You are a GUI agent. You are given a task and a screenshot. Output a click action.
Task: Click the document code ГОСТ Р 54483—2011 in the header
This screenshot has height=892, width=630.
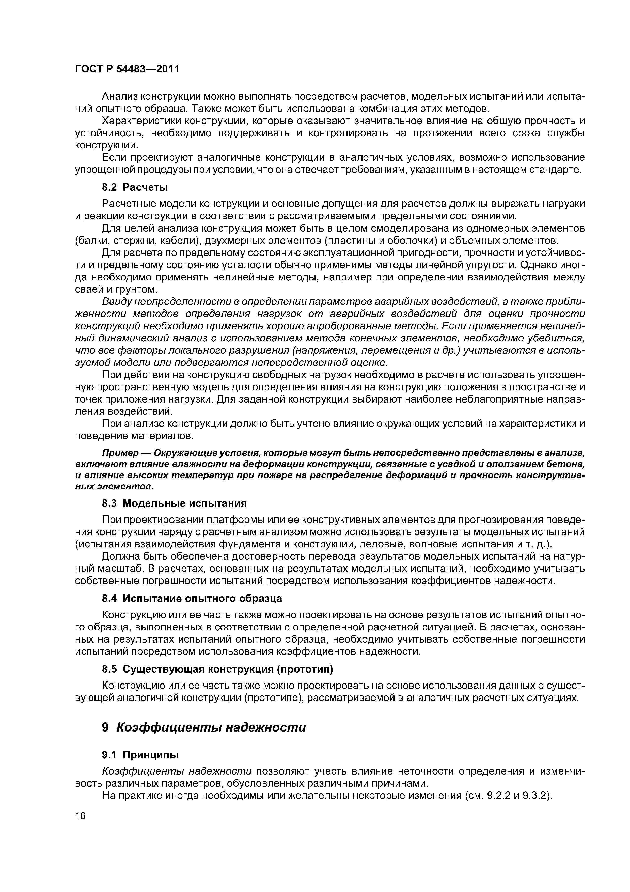[x=127, y=69]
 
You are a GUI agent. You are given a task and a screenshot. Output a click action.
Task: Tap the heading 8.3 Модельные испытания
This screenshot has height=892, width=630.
[x=174, y=503]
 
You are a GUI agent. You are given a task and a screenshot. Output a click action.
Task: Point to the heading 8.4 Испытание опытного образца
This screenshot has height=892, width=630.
[x=192, y=599]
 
